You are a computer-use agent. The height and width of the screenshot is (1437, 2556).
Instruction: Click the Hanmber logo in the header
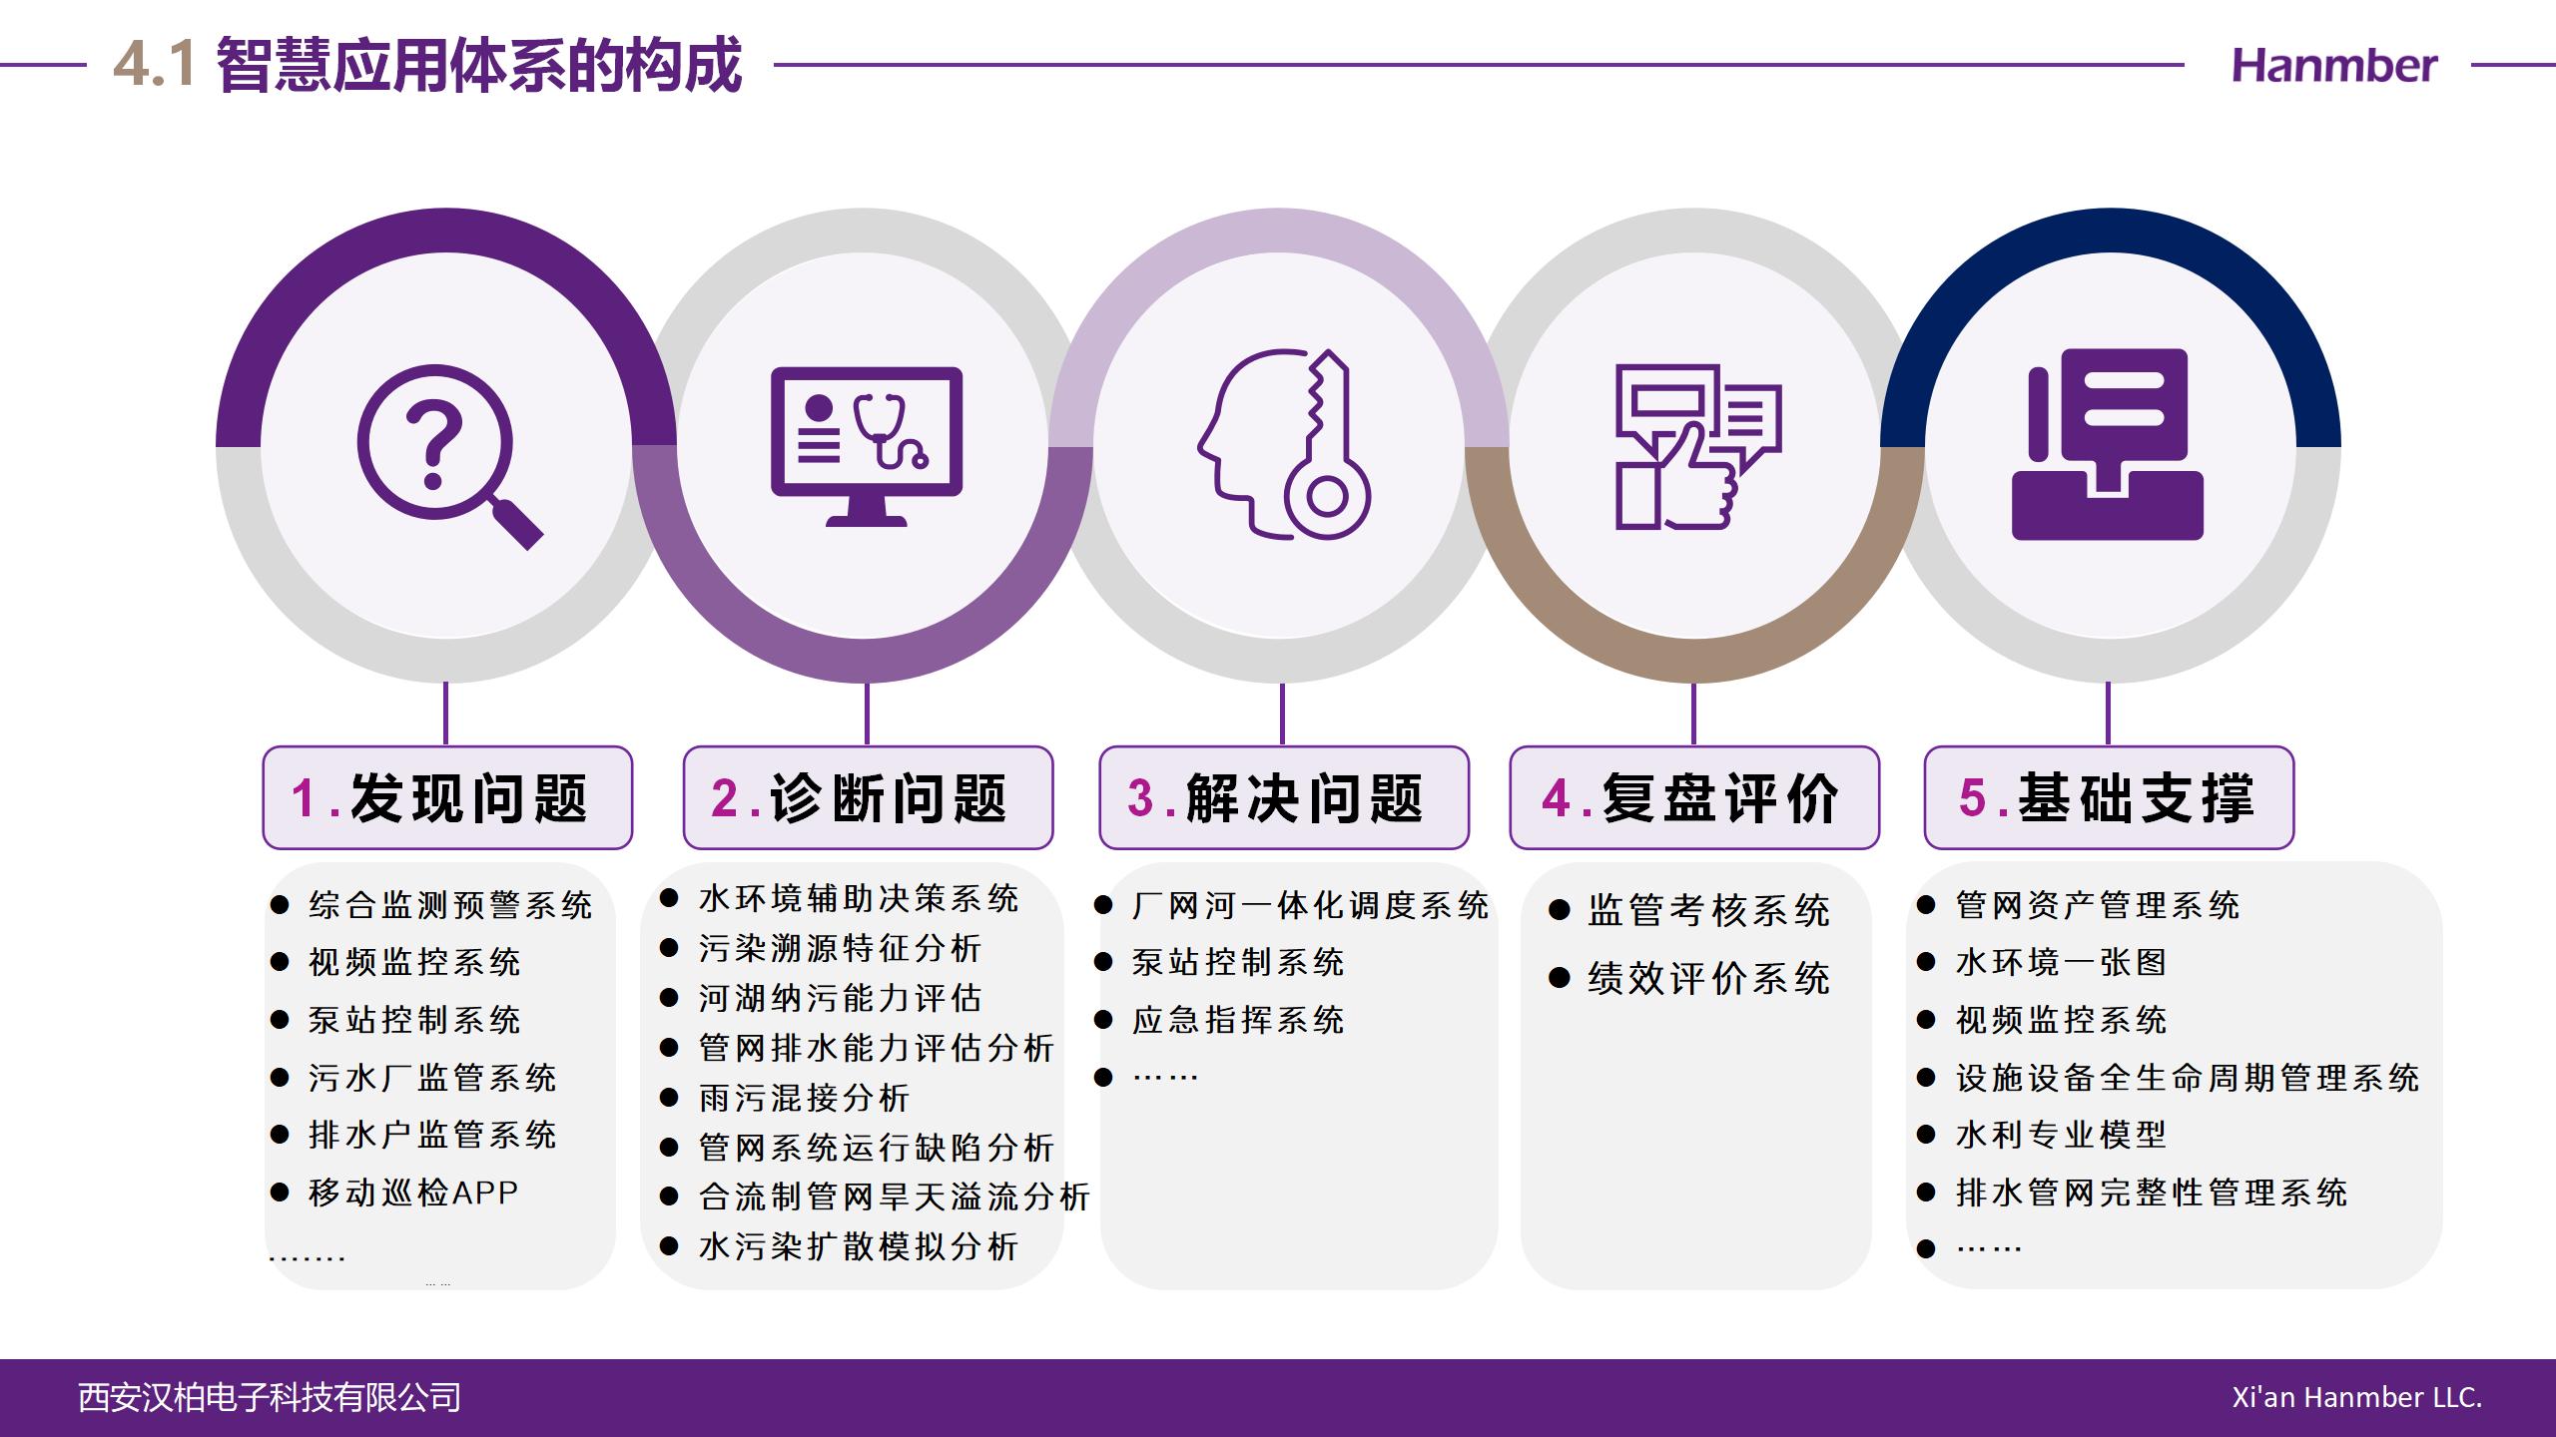point(2333,66)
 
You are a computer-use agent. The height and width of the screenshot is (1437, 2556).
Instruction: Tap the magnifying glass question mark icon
point(449,457)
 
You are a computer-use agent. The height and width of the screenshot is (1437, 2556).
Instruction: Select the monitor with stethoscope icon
point(867,446)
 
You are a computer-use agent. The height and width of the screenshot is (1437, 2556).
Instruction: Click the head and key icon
point(1284,444)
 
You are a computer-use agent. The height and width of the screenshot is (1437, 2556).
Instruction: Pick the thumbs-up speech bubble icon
point(1698,446)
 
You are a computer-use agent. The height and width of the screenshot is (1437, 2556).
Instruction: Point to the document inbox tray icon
point(2108,444)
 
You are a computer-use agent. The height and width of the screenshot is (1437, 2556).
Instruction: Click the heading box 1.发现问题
point(447,797)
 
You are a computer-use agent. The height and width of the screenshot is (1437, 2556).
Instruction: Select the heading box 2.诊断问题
point(868,797)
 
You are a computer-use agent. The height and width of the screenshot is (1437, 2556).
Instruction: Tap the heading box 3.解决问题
point(1284,797)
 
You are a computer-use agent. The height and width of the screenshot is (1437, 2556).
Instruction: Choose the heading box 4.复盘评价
point(1694,797)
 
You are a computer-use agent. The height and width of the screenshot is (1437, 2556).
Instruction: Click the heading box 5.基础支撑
point(2109,797)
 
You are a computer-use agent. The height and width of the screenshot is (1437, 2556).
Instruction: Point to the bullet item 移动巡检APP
point(413,1193)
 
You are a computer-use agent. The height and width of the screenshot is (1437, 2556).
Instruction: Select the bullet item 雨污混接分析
point(804,1098)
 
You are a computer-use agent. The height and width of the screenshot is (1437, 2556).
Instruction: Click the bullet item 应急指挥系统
point(1238,1020)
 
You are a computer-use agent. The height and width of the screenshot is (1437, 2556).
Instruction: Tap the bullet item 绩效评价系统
point(1708,978)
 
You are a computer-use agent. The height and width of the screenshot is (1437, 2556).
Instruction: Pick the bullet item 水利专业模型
point(2061,1135)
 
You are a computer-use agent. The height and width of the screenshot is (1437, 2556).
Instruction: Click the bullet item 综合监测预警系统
point(450,905)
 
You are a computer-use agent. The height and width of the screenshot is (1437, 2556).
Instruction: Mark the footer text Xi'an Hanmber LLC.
point(2357,1397)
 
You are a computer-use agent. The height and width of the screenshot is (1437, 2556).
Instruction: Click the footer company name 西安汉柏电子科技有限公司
point(270,1397)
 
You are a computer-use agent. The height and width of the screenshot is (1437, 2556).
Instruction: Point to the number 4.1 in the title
point(153,66)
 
